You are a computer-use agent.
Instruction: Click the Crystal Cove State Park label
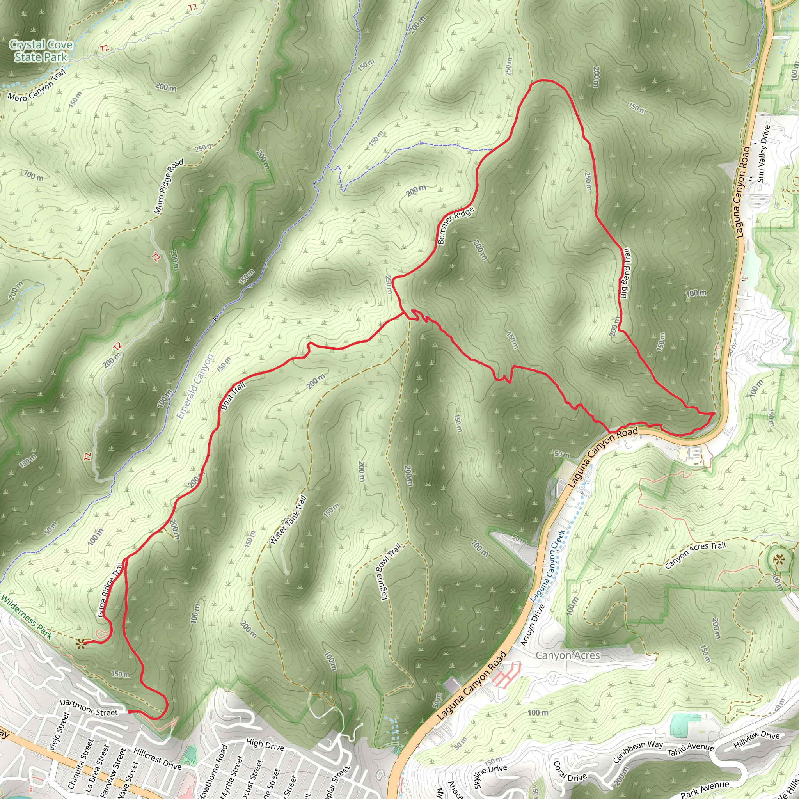point(41,50)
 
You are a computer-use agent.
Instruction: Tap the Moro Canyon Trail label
point(37,86)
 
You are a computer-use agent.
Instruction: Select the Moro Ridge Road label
point(168,186)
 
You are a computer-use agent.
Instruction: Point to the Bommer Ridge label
point(455,225)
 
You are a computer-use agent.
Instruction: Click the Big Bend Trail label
point(625,273)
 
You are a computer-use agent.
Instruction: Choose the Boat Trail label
point(233,395)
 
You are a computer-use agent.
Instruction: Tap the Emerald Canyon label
point(195,386)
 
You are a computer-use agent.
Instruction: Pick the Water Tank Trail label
point(288,520)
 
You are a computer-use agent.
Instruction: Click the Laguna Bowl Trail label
point(391,572)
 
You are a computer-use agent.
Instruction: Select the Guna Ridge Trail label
point(110,589)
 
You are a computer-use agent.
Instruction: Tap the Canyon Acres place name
point(568,655)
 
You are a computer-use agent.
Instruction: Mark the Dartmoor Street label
point(89,707)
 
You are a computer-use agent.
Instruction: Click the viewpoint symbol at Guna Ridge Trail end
point(81,643)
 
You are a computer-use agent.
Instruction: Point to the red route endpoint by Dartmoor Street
point(130,712)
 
